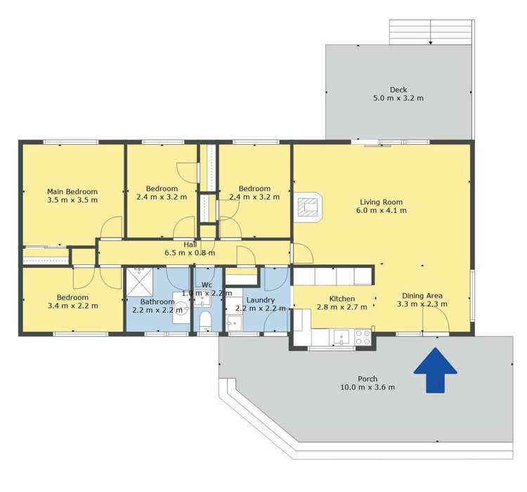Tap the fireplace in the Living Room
click(308, 206)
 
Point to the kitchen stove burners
click(363, 337)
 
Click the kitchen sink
click(341, 337)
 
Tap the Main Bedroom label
click(72, 191)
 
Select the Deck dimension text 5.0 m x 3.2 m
click(398, 98)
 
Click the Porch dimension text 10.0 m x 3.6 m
click(367, 387)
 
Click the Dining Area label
click(422, 295)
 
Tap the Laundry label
click(249, 299)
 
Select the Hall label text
click(190, 244)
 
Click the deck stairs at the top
click(431, 32)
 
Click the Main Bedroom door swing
click(111, 228)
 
